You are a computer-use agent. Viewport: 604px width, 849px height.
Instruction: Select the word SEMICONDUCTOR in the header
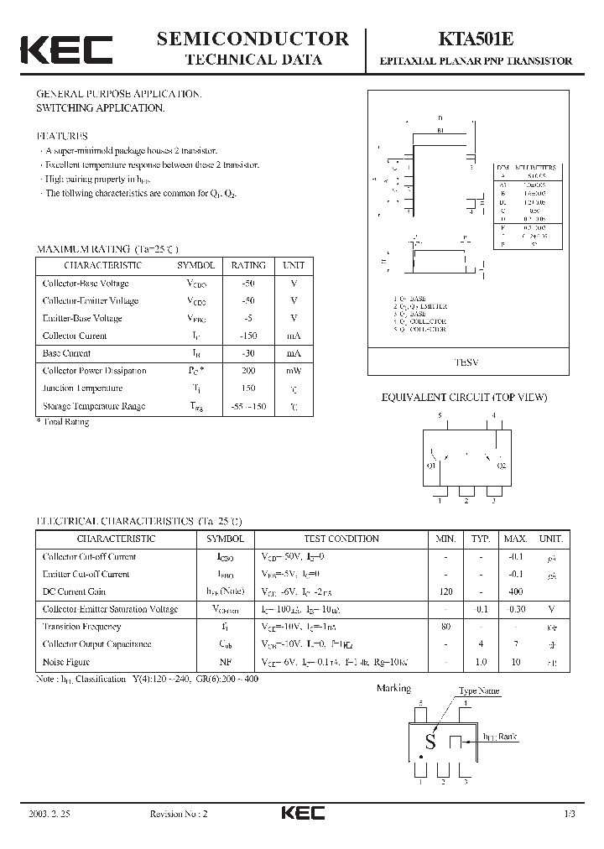pyautogui.click(x=253, y=39)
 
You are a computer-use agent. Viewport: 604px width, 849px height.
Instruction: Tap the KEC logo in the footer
pyautogui.click(x=302, y=813)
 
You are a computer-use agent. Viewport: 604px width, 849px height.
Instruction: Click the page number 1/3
pyautogui.click(x=570, y=814)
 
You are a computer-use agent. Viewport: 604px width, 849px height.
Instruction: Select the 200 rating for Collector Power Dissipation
pyautogui.click(x=248, y=371)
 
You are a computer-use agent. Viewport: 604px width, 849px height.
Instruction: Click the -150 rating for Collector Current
pyautogui.click(x=248, y=336)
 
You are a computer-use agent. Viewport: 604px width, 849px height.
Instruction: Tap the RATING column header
pyautogui.click(x=248, y=265)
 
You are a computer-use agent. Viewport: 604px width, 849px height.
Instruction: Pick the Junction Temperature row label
pyautogui.click(x=83, y=388)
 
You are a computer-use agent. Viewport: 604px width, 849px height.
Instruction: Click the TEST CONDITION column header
pyautogui.click(x=341, y=539)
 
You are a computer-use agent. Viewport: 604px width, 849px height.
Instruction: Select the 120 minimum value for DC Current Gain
pyautogui.click(x=445, y=591)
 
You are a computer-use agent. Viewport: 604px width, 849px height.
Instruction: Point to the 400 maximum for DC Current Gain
pyautogui.click(x=515, y=591)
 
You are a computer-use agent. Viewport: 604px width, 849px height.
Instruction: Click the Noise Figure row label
pyautogui.click(x=67, y=662)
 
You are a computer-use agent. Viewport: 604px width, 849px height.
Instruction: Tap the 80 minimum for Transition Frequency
pyautogui.click(x=445, y=627)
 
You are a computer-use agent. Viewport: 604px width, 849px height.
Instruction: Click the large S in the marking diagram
pyautogui.click(x=430, y=741)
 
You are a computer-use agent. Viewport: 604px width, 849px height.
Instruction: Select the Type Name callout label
pyautogui.click(x=478, y=691)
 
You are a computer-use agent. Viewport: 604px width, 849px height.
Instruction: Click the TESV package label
pyautogui.click(x=466, y=362)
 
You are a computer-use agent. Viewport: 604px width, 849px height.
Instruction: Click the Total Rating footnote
pyautogui.click(x=64, y=421)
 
